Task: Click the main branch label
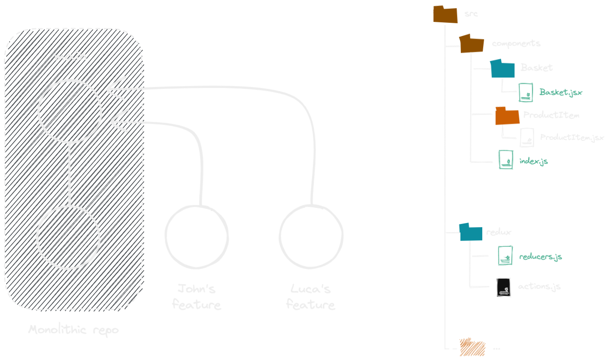point(71,57)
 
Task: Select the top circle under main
point(70,112)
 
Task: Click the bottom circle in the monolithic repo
point(68,237)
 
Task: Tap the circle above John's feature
point(197,237)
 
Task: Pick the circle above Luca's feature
point(311,236)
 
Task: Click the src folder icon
point(445,14)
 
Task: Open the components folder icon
point(471,44)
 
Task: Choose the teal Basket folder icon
point(502,69)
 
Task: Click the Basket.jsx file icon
point(526,92)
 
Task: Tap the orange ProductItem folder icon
point(507,116)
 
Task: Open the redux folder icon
point(470,232)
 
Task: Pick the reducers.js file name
point(541,257)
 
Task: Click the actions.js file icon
point(504,287)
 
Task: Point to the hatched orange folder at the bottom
point(472,347)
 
